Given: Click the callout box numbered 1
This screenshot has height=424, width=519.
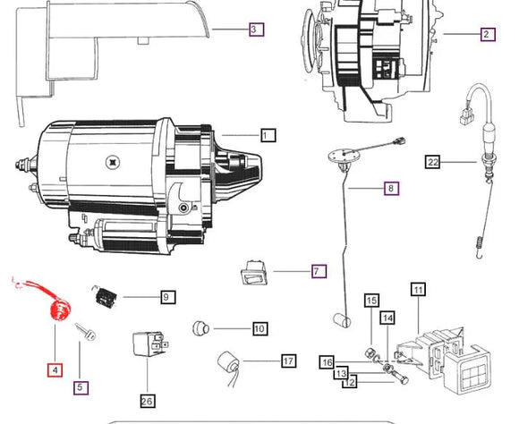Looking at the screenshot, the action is pyautogui.click(x=268, y=135).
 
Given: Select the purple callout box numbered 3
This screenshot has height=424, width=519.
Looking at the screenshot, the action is pyautogui.click(x=257, y=30).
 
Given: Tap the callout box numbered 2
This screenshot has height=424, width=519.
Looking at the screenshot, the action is pyautogui.click(x=488, y=34).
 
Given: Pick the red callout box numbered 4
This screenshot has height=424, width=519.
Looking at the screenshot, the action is pyautogui.click(x=55, y=369).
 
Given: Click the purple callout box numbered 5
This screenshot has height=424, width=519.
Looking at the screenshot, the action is pyautogui.click(x=81, y=387).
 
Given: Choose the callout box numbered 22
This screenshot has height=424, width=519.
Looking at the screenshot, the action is pyautogui.click(x=432, y=162).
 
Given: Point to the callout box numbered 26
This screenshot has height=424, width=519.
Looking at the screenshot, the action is pyautogui.click(x=148, y=401).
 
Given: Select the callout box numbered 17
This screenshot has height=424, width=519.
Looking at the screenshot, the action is pyautogui.click(x=289, y=360).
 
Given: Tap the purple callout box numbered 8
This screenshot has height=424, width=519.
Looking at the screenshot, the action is pyautogui.click(x=391, y=189).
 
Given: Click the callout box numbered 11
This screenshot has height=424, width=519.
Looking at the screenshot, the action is pyautogui.click(x=419, y=290).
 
